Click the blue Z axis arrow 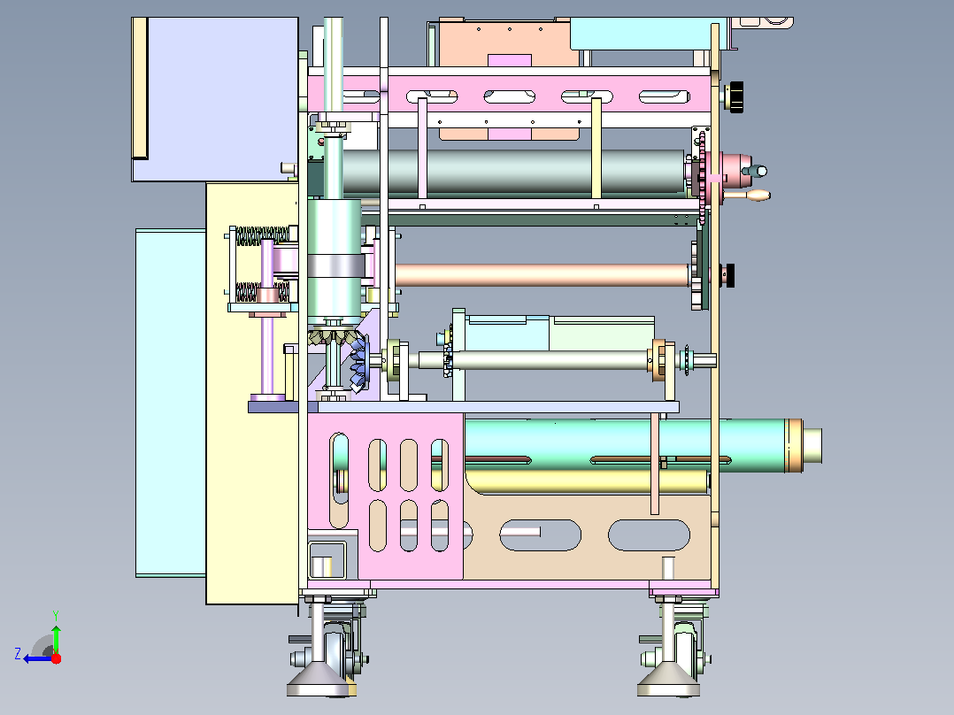click(x=38, y=658)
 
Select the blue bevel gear click(x=359, y=363)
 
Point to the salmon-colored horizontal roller click(x=542, y=275)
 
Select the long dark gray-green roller click(x=512, y=172)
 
